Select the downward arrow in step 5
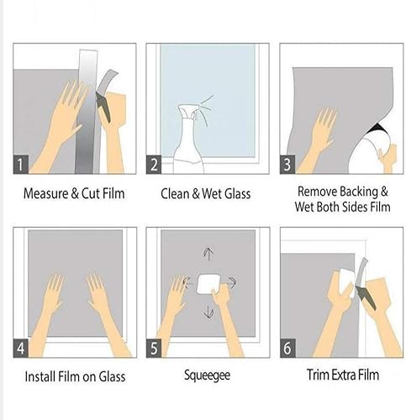tap(208, 313)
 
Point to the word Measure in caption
tap(46, 193)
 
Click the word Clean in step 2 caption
tap(177, 193)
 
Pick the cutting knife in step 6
tap(366, 281)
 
